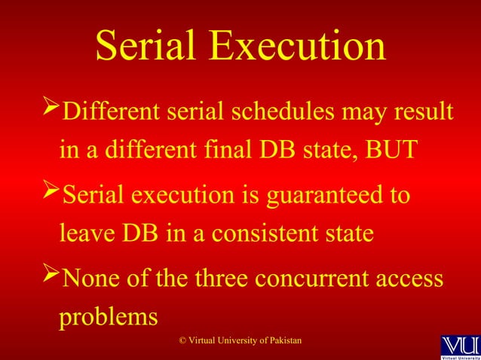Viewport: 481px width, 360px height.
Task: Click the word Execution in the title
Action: coord(298,46)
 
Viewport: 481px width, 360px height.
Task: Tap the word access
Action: coord(407,279)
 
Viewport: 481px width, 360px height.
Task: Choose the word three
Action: coord(215,279)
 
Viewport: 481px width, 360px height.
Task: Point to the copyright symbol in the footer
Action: coord(182,342)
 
